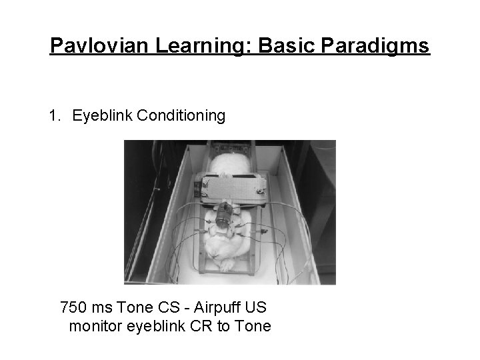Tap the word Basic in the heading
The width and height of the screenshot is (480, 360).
pyautogui.click(x=278, y=47)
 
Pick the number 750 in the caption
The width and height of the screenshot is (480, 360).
pyautogui.click(x=73, y=308)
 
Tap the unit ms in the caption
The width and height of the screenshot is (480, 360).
pyautogui.click(x=101, y=308)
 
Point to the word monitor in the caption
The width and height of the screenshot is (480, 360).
pyautogui.click(x=95, y=327)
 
